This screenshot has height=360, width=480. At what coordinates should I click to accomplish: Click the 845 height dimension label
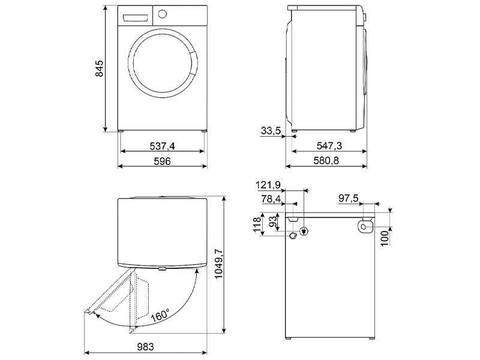(99, 68)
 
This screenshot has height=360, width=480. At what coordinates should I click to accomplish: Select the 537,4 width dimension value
(162, 146)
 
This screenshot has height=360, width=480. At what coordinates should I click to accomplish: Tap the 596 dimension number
(162, 161)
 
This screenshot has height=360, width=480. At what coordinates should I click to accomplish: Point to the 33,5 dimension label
(271, 131)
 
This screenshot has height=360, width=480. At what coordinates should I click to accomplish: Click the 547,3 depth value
(329, 146)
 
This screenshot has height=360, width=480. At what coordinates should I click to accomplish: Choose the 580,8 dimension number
(326, 160)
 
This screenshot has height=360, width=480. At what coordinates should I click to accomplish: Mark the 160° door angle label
(160, 316)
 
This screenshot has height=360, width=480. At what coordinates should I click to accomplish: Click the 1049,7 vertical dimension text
(219, 264)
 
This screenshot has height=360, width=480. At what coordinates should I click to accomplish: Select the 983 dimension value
(145, 347)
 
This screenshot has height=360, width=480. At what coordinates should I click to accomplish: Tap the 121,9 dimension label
(268, 185)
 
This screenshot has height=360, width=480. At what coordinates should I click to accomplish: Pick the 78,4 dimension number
(271, 199)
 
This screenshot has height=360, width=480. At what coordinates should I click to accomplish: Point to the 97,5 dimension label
(349, 198)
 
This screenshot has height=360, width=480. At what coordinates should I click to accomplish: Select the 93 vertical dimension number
(273, 220)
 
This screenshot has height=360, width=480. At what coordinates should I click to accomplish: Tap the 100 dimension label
(385, 238)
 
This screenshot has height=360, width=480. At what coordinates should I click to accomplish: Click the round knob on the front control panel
(162, 14)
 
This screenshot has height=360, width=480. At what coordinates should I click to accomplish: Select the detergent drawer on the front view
(135, 18)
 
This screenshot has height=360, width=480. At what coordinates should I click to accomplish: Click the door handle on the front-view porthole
(193, 63)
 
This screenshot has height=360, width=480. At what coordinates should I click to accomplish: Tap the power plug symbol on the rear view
(304, 231)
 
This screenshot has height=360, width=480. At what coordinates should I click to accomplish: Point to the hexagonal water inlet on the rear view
(292, 236)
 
